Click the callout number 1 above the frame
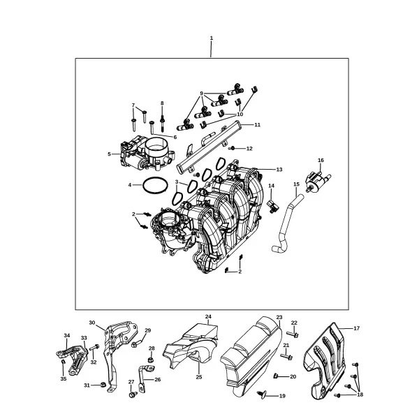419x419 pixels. (x=212, y=38)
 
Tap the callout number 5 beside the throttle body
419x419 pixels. (x=109, y=154)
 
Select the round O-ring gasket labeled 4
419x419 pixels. (x=155, y=185)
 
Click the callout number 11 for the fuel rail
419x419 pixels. (x=257, y=125)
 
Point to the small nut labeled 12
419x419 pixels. (x=232, y=148)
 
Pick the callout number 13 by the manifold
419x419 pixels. (x=279, y=170)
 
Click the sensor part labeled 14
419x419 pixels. (x=273, y=207)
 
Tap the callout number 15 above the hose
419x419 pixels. (x=296, y=184)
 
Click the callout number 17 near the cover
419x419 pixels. (x=357, y=328)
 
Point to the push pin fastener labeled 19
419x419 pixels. (x=261, y=394)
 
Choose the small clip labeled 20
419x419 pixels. (x=276, y=376)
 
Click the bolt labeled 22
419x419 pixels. (x=293, y=334)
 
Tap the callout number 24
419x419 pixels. (x=208, y=316)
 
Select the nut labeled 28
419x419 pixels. (x=150, y=360)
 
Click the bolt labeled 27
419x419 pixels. (x=132, y=395)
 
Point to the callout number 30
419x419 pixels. (x=92, y=323)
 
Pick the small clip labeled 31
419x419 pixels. (x=103, y=385)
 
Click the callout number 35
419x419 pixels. (x=64, y=379)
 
